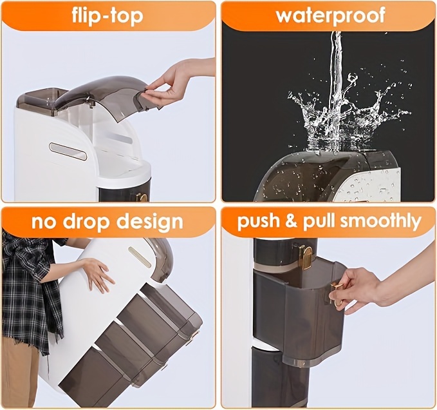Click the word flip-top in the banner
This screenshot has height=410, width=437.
click(107, 17)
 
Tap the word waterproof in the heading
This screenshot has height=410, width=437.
click(331, 15)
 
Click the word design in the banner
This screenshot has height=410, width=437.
click(150, 222)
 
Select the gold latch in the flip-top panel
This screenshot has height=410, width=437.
click(143, 197)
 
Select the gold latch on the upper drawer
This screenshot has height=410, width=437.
click(306, 257)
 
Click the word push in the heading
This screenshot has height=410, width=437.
click(258, 221)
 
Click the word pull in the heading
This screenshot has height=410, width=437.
click(319, 221)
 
